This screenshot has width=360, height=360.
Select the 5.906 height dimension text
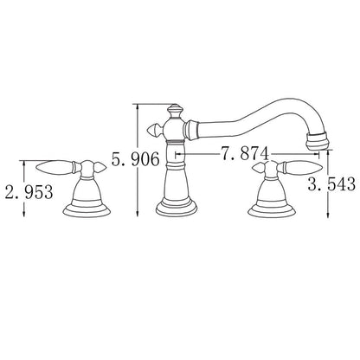(x=137, y=160)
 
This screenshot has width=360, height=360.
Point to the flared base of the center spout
(x=174, y=208)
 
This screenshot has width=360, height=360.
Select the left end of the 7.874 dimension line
(x=176, y=156)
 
